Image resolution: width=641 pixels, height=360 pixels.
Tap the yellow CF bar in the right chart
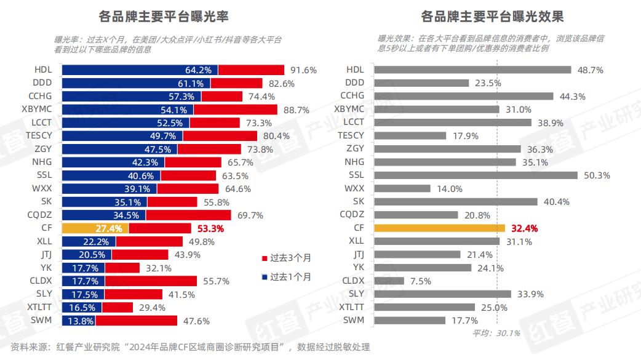[x=439, y=228]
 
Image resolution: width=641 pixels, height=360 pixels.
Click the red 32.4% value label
[x=524, y=228]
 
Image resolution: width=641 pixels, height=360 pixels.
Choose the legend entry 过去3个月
[x=286, y=257]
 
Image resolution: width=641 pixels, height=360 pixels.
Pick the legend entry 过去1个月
[x=286, y=276]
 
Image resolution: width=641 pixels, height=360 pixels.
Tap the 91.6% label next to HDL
[x=303, y=70]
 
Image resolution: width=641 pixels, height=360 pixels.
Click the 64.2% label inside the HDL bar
[x=198, y=70]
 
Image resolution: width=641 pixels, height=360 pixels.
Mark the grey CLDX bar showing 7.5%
[x=389, y=281]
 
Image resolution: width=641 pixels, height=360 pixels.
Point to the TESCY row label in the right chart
[x=351, y=135]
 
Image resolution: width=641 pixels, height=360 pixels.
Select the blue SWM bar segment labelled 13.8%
[x=78, y=321]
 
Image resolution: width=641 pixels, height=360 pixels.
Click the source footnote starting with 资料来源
[x=190, y=347]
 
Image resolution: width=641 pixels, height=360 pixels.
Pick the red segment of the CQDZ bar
[x=188, y=215]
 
